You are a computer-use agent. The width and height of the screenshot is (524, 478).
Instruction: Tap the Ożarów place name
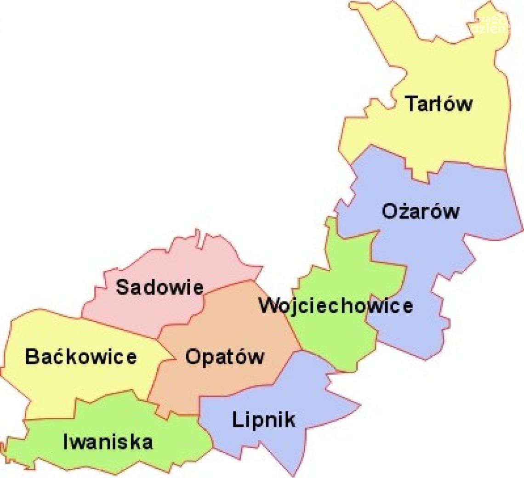(420, 211)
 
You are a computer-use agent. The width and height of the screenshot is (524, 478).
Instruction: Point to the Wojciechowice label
(336, 306)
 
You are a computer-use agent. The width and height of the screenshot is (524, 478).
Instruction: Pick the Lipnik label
(263, 420)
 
